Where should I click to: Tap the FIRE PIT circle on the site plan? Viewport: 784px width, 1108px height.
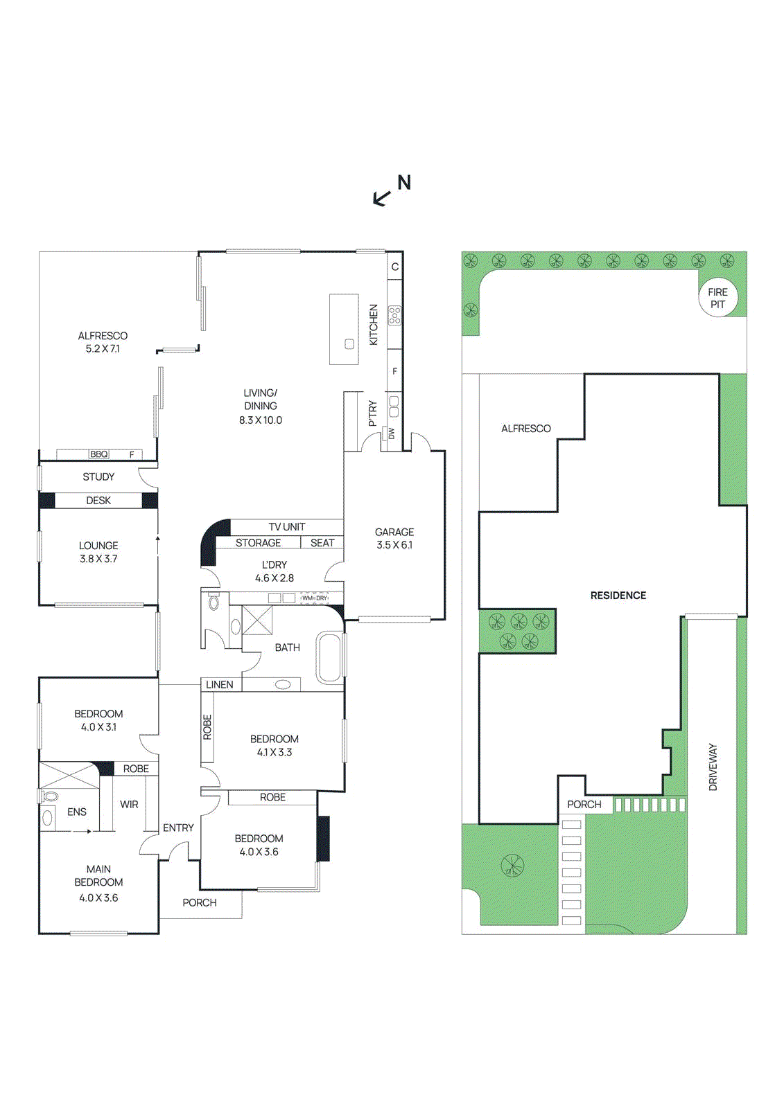(717, 298)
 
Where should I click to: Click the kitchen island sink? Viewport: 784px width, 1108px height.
(349, 344)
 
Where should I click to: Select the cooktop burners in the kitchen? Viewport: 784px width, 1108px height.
(394, 316)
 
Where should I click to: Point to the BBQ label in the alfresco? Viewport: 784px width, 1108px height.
(99, 454)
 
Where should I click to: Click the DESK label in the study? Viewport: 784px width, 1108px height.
(98, 501)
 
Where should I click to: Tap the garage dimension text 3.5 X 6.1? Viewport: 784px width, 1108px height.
(394, 545)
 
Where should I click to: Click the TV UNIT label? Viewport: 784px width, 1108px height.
(286, 527)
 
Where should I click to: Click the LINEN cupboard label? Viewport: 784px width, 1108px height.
(220, 685)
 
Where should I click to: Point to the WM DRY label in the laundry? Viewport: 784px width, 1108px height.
(314, 598)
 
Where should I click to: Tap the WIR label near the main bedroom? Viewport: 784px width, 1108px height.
(129, 805)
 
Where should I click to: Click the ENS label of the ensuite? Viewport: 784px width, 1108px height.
(77, 812)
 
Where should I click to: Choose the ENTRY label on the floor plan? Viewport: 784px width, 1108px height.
(178, 828)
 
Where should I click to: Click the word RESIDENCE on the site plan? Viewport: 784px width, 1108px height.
(618, 596)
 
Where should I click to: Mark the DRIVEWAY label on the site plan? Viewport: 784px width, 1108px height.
(713, 767)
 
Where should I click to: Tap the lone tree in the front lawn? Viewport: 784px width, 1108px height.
(512, 865)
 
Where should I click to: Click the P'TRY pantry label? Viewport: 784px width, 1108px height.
(373, 413)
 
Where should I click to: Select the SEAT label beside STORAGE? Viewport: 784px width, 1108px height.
(322, 543)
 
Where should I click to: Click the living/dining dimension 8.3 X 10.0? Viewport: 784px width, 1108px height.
(261, 420)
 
